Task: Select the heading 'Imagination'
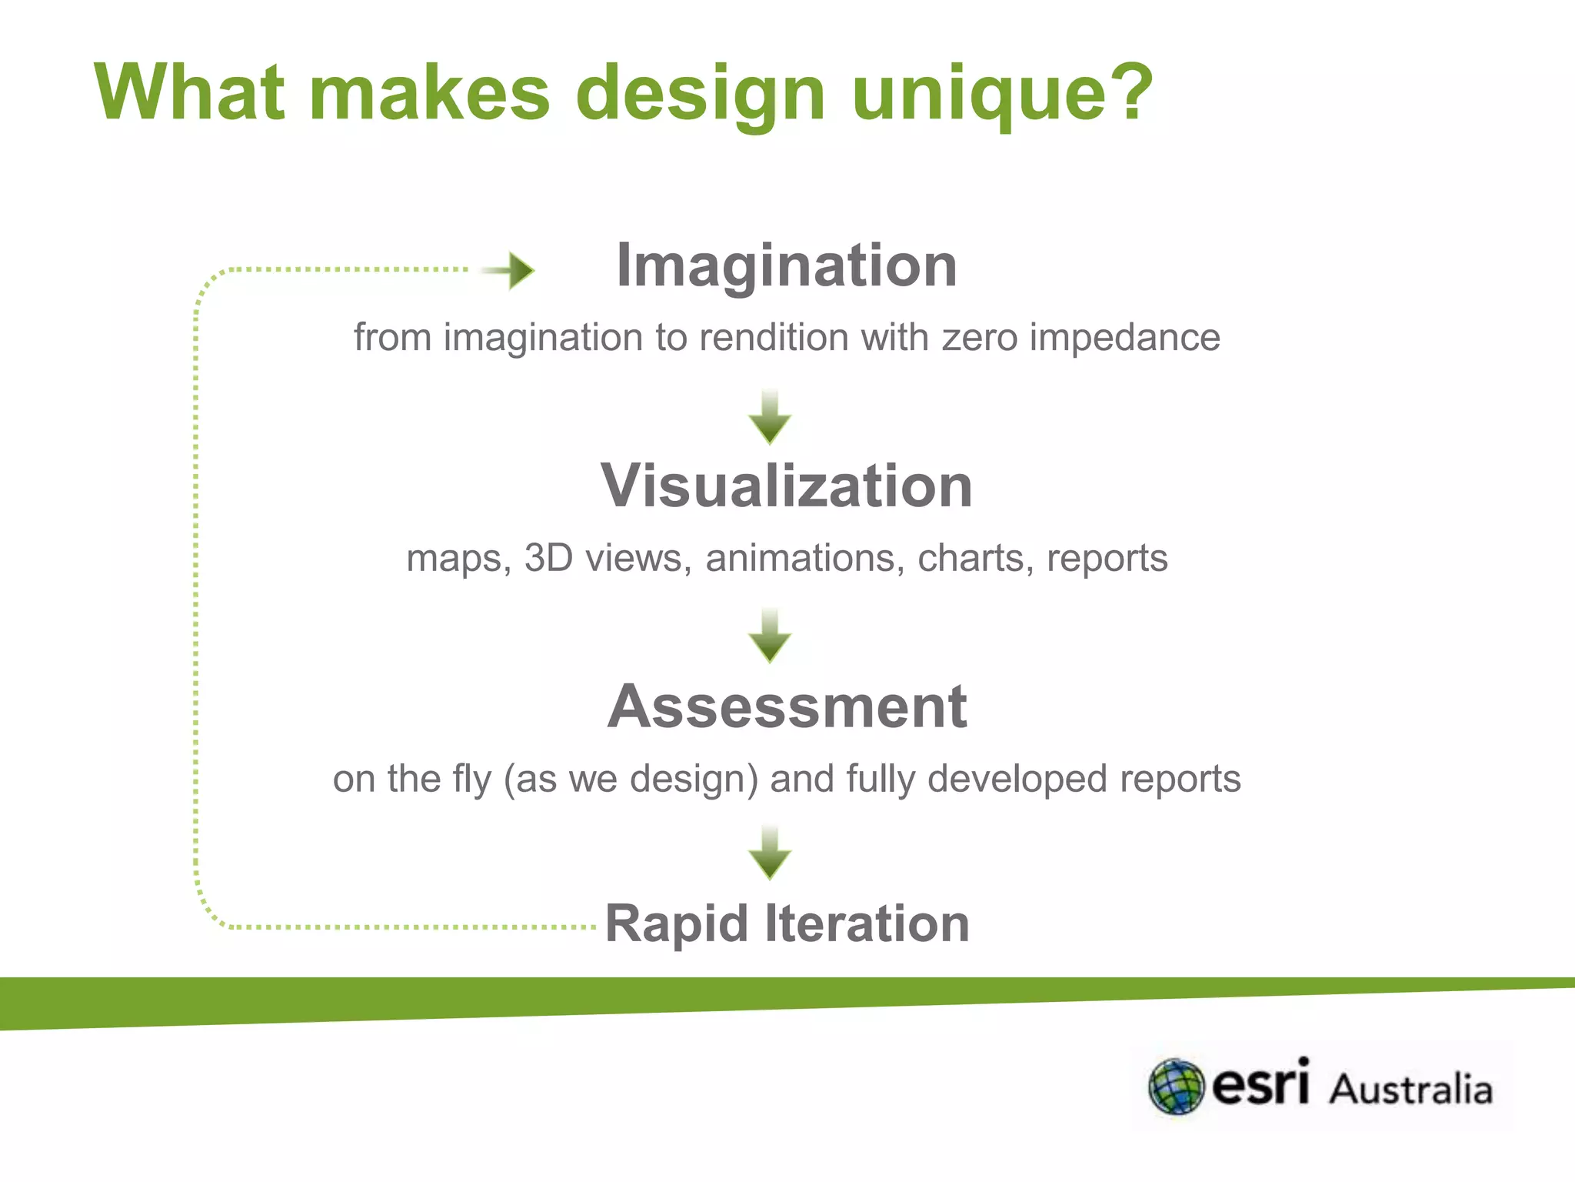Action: point(787,265)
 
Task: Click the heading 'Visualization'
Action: point(787,486)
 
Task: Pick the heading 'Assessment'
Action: point(787,706)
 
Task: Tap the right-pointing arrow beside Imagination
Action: point(511,270)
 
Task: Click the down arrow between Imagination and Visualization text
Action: point(770,418)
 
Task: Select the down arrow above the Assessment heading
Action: point(770,636)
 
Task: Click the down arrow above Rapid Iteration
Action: point(770,853)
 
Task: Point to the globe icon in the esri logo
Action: point(1176,1087)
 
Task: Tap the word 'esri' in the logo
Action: point(1260,1083)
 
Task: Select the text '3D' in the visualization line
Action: point(548,558)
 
